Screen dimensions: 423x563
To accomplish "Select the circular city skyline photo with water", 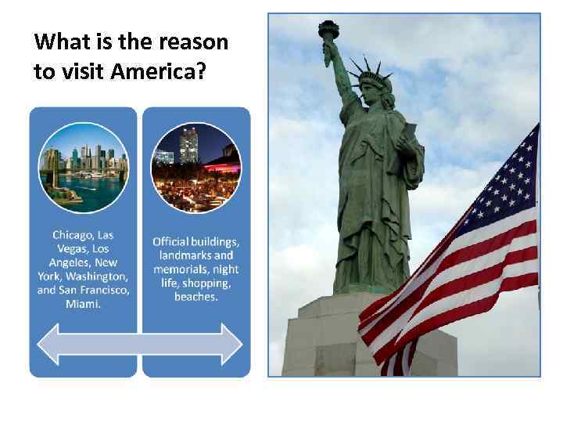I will click(x=82, y=168).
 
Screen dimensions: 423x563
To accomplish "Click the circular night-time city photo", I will click(x=195, y=168).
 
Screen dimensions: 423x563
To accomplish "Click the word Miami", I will click(x=83, y=304).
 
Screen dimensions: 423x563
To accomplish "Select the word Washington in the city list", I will click(x=96, y=277).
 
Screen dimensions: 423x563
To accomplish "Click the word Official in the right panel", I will click(x=170, y=241).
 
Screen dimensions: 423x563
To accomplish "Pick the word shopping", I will click(x=207, y=284).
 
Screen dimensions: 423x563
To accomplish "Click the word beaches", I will click(x=195, y=298).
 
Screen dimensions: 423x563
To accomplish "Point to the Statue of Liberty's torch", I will click(x=328, y=31).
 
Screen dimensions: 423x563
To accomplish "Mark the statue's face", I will click(x=368, y=92).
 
